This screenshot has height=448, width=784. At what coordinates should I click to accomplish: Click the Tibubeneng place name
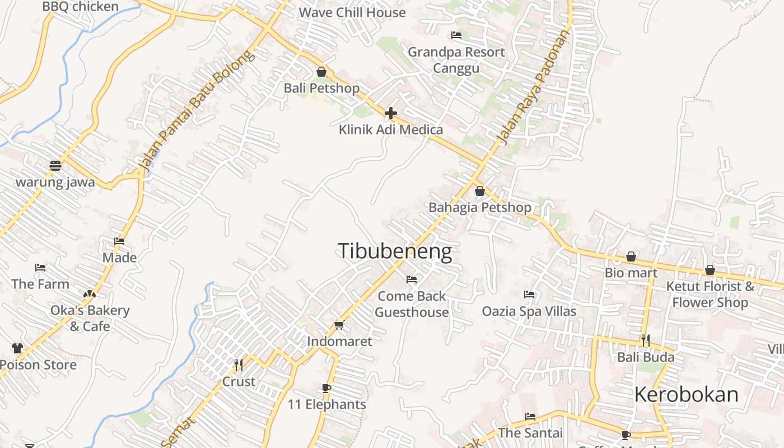[x=395, y=251]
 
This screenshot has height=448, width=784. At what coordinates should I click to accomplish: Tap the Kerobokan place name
[x=686, y=394]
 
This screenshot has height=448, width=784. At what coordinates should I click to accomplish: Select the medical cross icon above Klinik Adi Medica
[x=390, y=113]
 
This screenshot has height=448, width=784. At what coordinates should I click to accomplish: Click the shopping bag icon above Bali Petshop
[x=321, y=72]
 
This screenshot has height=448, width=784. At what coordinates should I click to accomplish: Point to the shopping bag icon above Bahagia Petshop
[x=479, y=191]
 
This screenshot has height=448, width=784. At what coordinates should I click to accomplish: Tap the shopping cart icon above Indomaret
[x=339, y=325]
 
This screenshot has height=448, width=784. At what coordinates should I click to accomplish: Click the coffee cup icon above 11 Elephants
[x=326, y=388]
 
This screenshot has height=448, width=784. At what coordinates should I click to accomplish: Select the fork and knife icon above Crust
[x=239, y=365]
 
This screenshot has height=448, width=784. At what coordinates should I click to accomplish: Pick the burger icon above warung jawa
[x=55, y=166]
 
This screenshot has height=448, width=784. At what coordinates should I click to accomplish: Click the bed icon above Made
[x=119, y=241]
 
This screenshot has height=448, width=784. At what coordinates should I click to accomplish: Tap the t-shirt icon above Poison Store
[x=17, y=348]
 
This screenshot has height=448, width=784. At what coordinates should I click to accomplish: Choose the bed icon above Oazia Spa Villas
[x=529, y=295]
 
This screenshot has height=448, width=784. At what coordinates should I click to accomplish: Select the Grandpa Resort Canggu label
[x=456, y=60]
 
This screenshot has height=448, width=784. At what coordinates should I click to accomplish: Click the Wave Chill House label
[x=352, y=12]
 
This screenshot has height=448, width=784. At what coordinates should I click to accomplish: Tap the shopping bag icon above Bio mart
[x=631, y=256]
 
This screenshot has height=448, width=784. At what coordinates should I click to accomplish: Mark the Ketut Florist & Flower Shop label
[x=710, y=295]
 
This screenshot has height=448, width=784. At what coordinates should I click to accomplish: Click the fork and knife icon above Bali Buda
[x=646, y=340]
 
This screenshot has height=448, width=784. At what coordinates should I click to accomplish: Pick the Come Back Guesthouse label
[x=412, y=304]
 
